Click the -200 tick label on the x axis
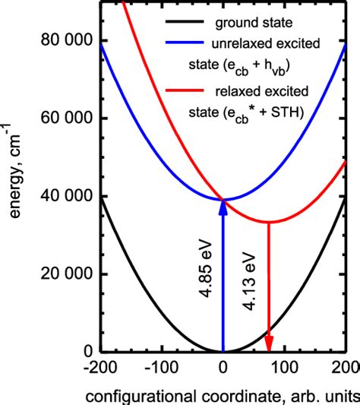coord(101,369)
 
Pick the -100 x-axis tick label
coord(162,369)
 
